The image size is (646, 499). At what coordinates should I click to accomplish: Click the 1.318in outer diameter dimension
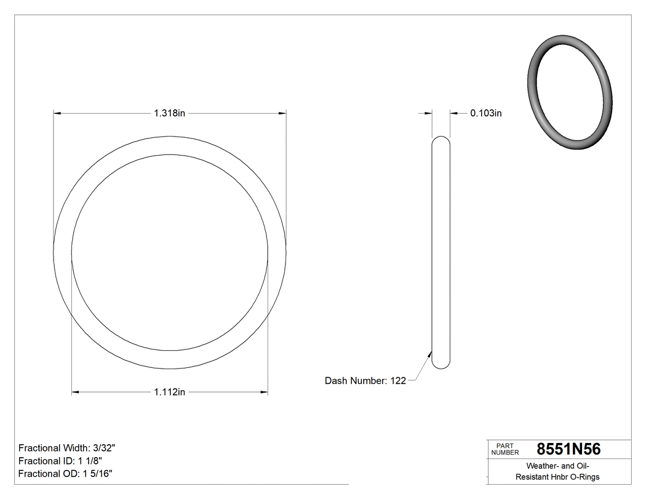(170, 113)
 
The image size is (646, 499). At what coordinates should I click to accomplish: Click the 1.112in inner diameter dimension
(170, 392)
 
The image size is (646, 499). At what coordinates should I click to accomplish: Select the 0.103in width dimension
(486, 113)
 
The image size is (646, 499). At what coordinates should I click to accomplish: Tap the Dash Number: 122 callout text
(365, 381)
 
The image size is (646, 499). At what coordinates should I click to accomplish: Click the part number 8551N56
(568, 449)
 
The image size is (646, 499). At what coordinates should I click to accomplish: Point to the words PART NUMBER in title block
(504, 449)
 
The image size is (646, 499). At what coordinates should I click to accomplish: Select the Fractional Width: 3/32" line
(67, 448)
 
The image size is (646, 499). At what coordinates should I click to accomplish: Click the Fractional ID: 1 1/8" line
(60, 461)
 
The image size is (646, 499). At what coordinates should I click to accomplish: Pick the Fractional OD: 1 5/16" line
(65, 474)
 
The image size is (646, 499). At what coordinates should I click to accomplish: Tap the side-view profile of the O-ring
(441, 252)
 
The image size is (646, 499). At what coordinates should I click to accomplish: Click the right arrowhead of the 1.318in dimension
(282, 113)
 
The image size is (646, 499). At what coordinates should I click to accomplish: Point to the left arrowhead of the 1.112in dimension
(76, 392)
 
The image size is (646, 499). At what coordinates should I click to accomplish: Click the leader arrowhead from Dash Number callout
(429, 353)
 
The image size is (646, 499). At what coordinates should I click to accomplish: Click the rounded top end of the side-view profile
(441, 140)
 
